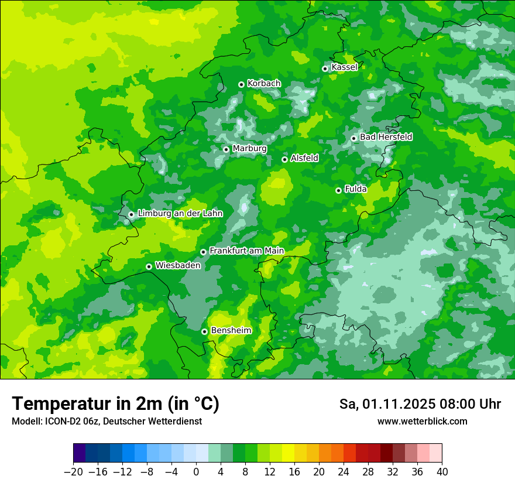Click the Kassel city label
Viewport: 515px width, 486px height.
(344, 67)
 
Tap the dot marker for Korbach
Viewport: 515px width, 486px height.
(241, 84)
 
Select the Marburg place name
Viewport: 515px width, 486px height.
(249, 149)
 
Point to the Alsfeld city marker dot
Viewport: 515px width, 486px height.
(284, 159)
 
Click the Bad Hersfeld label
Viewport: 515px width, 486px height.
(386, 137)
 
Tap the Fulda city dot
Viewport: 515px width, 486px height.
(338, 190)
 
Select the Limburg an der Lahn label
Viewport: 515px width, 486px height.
(180, 214)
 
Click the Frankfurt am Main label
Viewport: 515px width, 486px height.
(246, 251)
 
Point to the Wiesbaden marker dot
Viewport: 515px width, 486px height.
(149, 266)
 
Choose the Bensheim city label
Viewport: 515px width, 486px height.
(231, 331)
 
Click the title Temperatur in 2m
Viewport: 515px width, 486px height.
(115, 404)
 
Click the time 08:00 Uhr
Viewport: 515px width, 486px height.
(468, 405)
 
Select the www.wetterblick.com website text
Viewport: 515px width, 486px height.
(422, 422)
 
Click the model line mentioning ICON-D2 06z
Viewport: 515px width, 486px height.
(107, 422)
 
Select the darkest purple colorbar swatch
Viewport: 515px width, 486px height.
(79, 453)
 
